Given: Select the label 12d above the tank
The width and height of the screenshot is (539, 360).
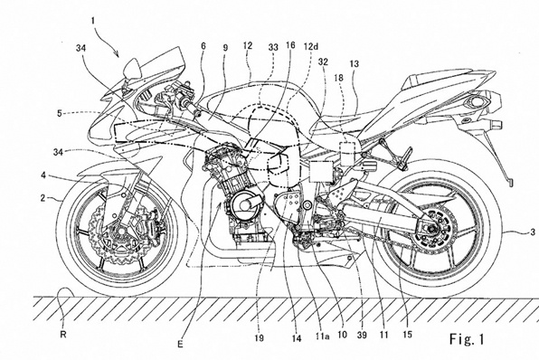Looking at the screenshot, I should click(310, 45).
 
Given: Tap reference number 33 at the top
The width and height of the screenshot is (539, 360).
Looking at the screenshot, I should click(273, 45).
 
